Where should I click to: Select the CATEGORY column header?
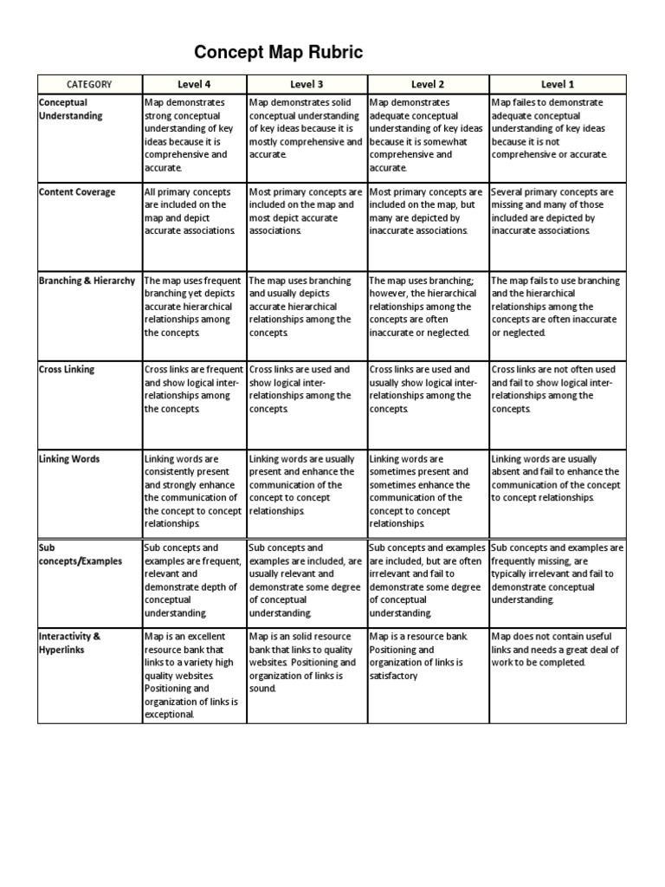89,84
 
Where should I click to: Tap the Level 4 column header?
195,84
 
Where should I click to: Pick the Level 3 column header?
307,84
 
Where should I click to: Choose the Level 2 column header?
428,84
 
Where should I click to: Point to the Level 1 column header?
558,84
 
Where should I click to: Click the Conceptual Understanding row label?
70,109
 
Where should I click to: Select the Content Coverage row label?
76,192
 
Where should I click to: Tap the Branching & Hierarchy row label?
87,281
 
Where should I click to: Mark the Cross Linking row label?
67,370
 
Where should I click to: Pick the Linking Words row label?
68,458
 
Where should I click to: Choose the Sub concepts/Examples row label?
80,554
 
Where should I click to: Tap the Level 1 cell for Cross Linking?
558,389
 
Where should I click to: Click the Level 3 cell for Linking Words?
307,485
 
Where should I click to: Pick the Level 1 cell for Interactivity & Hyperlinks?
558,650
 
